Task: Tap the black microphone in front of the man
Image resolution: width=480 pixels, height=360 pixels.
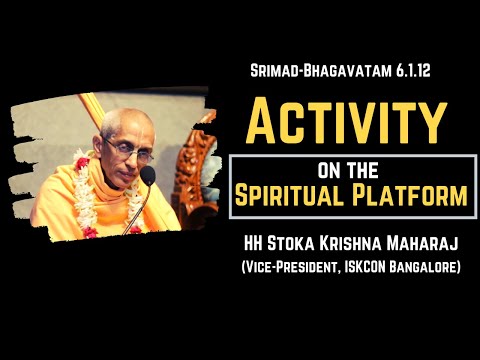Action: (148, 178)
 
